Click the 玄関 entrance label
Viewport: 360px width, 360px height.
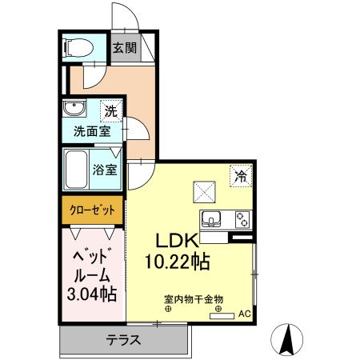point(123,47)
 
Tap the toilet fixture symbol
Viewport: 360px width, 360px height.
point(77,47)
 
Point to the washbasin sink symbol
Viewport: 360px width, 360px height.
point(76,110)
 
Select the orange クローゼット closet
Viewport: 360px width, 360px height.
point(89,210)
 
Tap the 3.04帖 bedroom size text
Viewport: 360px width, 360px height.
point(90,294)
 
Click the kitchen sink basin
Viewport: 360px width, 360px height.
point(214,218)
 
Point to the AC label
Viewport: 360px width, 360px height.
point(244,314)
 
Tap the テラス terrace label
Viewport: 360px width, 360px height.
point(124,340)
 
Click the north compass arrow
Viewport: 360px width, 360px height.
point(288,340)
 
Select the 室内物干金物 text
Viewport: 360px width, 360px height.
point(189,298)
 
